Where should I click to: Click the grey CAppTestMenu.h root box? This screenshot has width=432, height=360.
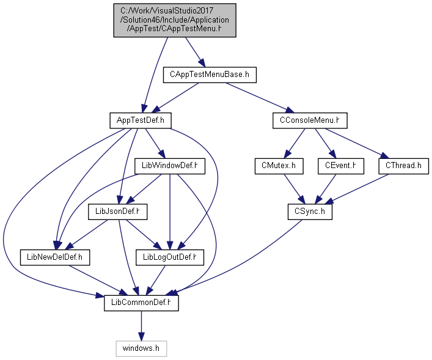pos(175,20)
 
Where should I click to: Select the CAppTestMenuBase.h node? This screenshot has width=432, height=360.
pos(210,75)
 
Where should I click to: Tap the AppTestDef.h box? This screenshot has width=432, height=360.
pos(141,120)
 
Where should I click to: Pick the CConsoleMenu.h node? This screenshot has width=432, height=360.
pos(310,120)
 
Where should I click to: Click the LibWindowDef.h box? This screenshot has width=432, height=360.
pos(170,166)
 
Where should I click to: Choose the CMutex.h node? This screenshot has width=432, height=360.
pos(279,166)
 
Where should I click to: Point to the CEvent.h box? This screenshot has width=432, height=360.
pos(341,166)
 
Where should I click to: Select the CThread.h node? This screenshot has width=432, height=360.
pos(404,166)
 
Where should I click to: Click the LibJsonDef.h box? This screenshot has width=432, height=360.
pos(118,211)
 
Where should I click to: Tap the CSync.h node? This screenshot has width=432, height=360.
pos(310,211)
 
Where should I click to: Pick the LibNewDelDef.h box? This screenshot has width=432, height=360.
pos(55,257)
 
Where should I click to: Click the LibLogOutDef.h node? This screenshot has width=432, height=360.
pos(170,257)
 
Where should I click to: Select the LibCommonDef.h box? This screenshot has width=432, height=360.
pos(141,303)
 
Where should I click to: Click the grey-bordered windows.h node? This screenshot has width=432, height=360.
pos(141,349)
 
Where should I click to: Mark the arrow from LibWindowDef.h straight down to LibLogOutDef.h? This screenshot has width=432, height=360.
pos(170,212)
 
